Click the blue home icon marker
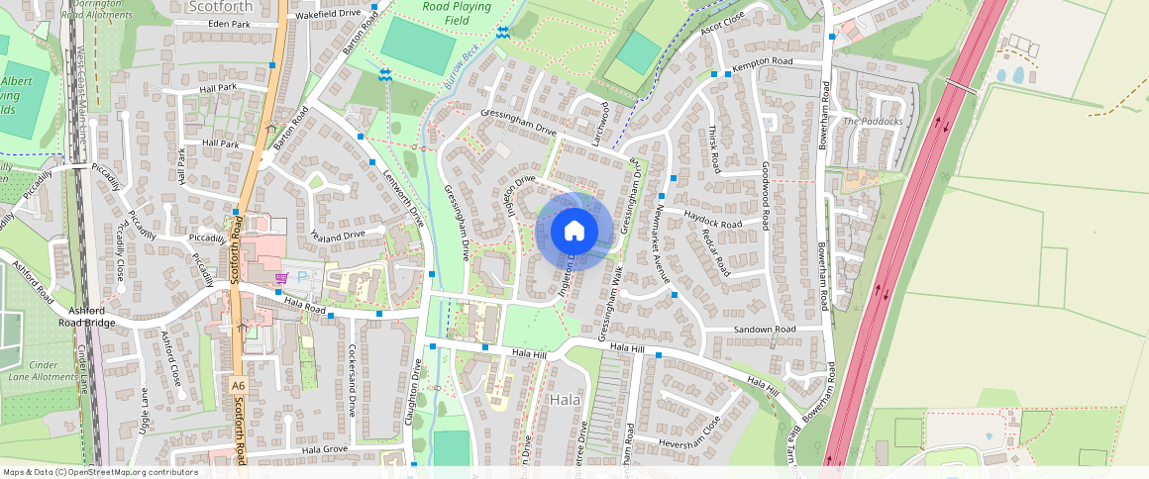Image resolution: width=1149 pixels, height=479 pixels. click(574, 232)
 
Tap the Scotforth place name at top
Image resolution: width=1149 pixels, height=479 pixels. click(221, 6)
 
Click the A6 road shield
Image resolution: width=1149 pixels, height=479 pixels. click(238, 384)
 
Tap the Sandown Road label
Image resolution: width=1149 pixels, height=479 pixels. click(764, 329)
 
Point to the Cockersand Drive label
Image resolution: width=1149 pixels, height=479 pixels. click(352, 380)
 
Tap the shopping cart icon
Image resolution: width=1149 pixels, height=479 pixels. click(281, 278)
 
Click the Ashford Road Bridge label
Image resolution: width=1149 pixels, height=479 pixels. click(88, 316)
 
